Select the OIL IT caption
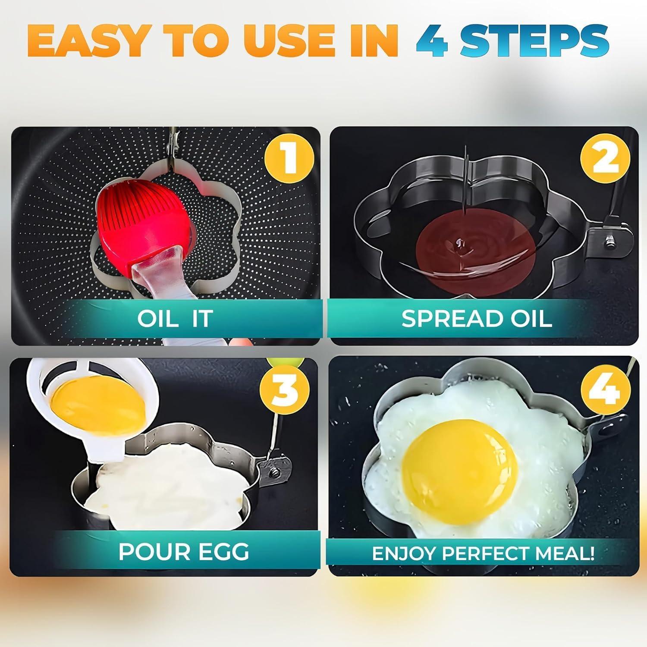[x=175, y=318]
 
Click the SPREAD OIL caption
[x=477, y=318]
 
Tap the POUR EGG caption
[x=184, y=551]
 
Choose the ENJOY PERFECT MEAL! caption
[x=483, y=553]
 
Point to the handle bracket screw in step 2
[x=609, y=239]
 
